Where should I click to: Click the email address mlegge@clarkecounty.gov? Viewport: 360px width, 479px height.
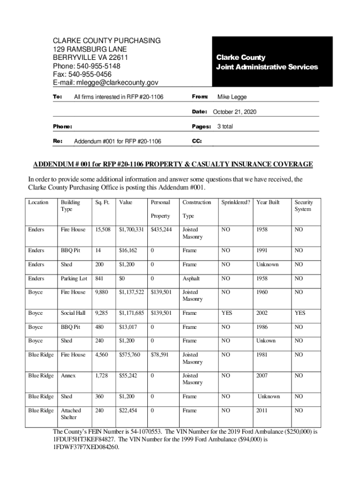click(117, 83)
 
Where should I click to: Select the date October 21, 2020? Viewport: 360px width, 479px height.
click(234, 112)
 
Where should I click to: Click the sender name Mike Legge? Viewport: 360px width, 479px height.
click(232, 97)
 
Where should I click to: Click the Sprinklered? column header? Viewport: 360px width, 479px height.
click(236, 203)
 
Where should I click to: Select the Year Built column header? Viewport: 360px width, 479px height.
click(267, 203)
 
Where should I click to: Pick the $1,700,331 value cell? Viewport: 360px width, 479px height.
click(131, 230)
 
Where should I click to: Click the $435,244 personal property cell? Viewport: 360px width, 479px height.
click(161, 230)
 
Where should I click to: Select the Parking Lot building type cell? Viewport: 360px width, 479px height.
click(74, 278)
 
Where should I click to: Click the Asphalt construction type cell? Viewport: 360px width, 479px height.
click(191, 278)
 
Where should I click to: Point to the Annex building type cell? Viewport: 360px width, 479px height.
click(68, 376)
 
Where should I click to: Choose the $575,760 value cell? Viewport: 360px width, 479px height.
click(130, 355)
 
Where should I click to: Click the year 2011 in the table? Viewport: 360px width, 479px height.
click(262, 410)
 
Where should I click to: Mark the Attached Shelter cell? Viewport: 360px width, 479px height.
click(71, 414)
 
